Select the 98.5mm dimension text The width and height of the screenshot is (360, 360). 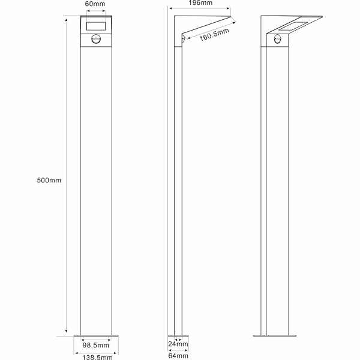(x=96, y=345)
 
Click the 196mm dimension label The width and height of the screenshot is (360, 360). (x=200, y=3)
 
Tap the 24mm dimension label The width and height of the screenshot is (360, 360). (x=178, y=344)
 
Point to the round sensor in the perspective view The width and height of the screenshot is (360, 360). (x=278, y=40)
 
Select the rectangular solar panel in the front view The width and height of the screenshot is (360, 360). (x=96, y=26)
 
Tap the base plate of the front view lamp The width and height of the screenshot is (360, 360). (x=96, y=337)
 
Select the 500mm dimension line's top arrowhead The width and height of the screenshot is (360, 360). (x=64, y=19)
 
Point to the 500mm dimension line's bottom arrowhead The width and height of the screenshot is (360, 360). (x=64, y=332)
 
